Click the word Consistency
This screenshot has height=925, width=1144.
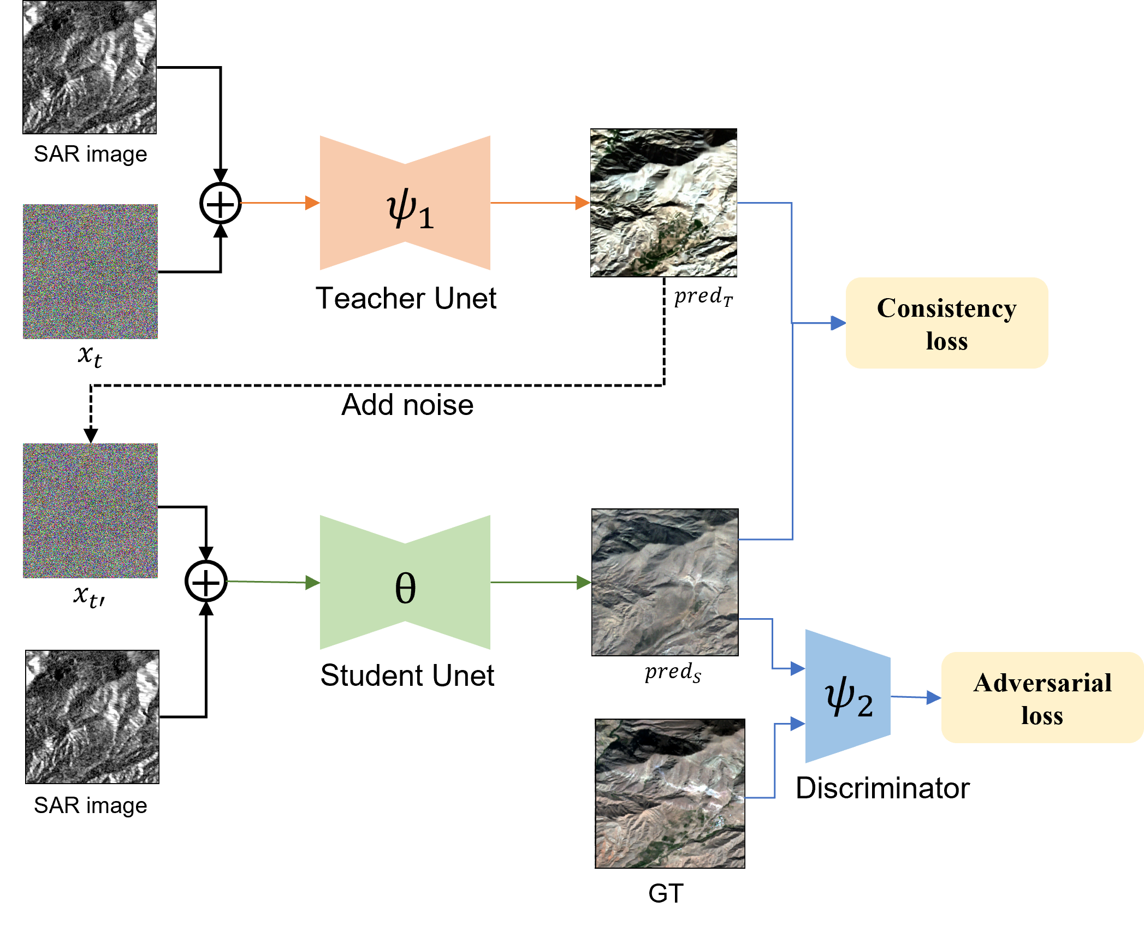pos(946,309)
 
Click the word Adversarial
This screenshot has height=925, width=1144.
pos(1042,683)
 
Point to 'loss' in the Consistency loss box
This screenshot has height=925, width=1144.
pos(946,342)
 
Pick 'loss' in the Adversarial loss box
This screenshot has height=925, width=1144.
pos(1042,716)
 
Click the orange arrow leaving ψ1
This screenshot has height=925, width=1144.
pos(540,203)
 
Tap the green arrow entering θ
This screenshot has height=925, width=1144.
pos(273,582)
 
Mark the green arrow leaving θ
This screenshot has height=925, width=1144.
pos(541,583)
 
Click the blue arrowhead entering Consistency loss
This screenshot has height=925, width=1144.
pos(838,323)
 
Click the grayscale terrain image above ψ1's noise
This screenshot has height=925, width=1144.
pos(90,67)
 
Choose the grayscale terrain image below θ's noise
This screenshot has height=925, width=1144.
pos(92,716)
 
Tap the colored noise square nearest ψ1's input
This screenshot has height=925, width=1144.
pos(90,271)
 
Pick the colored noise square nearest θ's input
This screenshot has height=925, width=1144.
pos(90,511)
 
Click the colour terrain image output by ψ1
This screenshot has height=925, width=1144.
pos(663,203)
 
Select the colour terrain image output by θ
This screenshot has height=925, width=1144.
pos(665,582)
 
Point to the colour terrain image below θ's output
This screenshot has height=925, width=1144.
pos(669,793)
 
